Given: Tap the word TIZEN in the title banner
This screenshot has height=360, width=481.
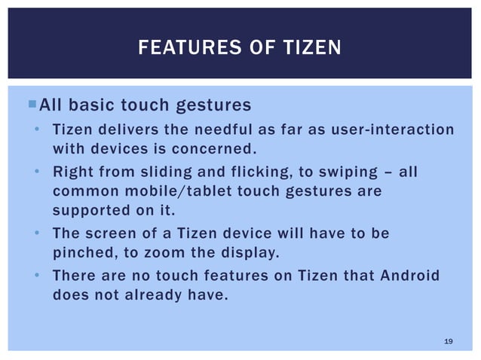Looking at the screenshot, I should [311, 50].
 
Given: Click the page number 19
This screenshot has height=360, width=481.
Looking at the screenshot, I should [449, 342].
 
